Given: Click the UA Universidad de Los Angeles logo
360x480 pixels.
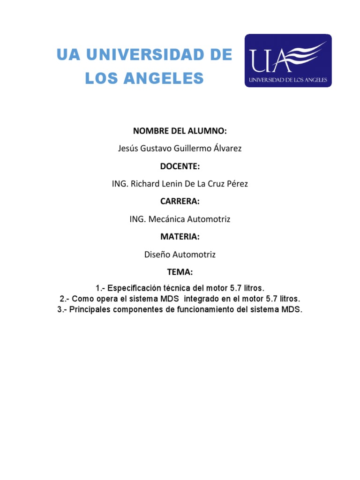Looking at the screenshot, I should point(288,60).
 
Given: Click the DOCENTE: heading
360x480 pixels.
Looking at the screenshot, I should point(180,166).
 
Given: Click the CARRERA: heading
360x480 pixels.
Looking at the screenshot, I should point(180,202).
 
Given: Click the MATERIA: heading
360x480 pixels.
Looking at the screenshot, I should point(180,237).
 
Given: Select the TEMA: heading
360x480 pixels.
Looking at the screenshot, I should point(180,272).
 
